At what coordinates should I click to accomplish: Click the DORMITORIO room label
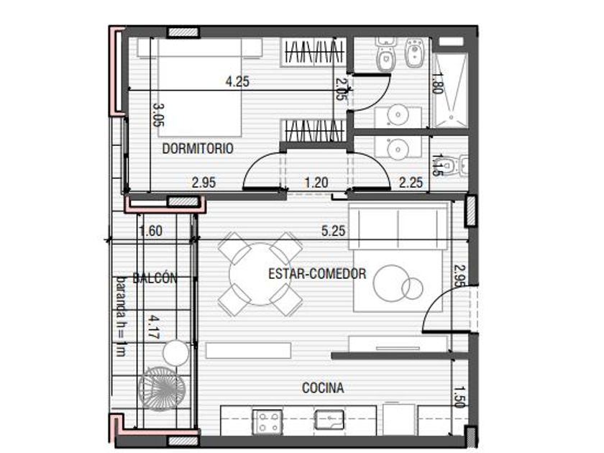pos(198,148)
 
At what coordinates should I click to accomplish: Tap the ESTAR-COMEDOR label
pos(317,274)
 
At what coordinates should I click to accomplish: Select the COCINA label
pos(323,388)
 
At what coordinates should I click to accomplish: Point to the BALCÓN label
pos(155,278)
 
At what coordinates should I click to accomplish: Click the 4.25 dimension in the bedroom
pos(237,82)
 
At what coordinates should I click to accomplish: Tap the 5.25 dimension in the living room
pos(334,231)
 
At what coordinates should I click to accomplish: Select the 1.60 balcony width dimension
pos(150,231)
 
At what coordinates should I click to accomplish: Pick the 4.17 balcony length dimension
pos(155,327)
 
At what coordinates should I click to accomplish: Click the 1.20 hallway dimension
pos(316,182)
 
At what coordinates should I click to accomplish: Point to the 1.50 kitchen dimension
pos(459,397)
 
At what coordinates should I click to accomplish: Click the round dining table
pos(260,274)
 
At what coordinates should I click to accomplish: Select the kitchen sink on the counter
pos(329,419)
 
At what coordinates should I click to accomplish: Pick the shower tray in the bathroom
pos(450,91)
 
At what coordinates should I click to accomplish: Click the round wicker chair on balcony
pos(163,388)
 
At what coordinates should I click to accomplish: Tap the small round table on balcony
pos(175,353)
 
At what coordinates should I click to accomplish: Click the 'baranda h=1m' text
pos(122,316)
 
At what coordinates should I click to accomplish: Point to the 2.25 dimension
pos(411,182)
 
